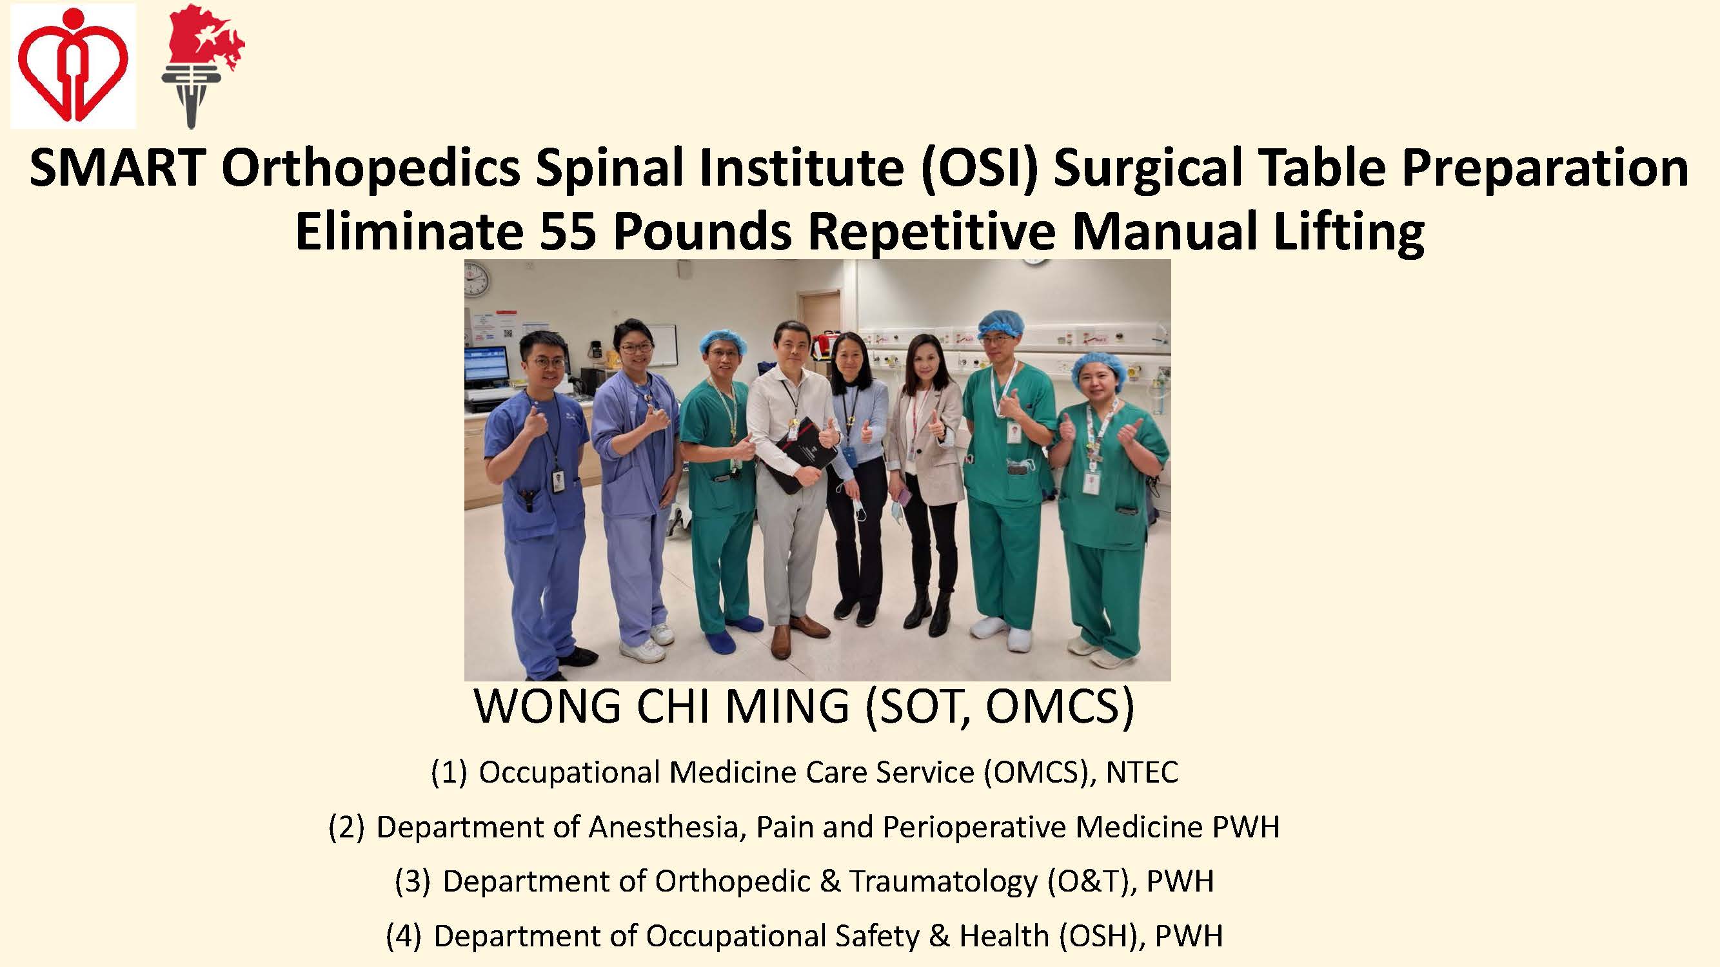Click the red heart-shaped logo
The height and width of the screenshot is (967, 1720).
coord(72,64)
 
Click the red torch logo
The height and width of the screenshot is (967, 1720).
coord(202,67)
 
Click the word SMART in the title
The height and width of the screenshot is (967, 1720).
coord(117,168)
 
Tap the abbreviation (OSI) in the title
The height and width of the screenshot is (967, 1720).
coord(978,168)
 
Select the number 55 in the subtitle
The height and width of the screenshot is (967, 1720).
coord(567,231)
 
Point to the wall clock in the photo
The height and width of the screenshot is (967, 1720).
coord(477,279)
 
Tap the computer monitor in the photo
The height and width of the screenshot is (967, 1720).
coord(486,366)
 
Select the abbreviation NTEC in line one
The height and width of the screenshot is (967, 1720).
coord(1142,772)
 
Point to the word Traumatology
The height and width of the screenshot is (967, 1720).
coord(944,881)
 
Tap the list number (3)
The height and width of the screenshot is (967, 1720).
coord(413,881)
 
